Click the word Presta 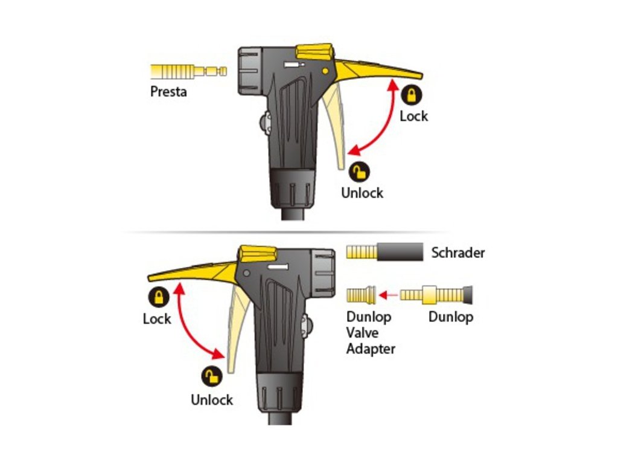pos(168,92)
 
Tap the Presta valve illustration pos(188,72)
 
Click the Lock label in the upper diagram pos(413,116)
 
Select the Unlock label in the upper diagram pos(362,193)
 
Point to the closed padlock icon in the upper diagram pos(412,95)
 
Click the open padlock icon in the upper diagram pos(360,172)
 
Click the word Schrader pos(458,253)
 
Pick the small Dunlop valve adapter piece pos(361,295)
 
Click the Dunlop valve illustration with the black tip pos(438,295)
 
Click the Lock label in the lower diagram pos(157,318)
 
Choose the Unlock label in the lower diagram pos(212,399)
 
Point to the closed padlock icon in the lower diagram pos(158,297)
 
